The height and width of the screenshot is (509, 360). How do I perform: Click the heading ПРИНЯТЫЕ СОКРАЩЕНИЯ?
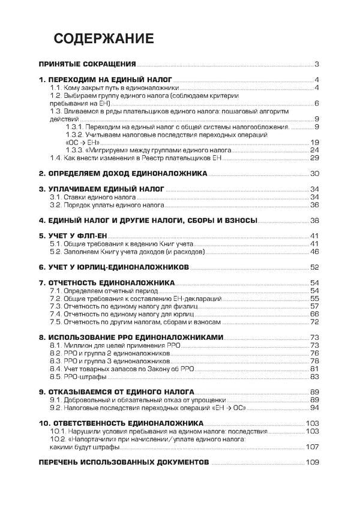tap(87, 64)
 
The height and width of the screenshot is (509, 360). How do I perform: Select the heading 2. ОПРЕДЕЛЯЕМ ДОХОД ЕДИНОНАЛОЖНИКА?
tap(123, 174)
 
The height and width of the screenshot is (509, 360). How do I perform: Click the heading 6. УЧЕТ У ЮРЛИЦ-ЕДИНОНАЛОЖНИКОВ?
tap(114, 267)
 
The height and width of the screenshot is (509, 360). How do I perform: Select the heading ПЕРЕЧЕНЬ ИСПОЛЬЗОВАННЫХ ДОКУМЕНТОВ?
tap(124, 463)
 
